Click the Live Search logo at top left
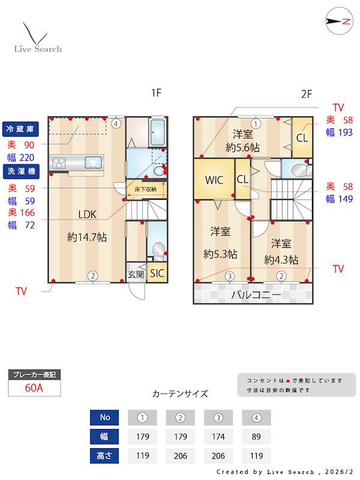(x=37, y=38)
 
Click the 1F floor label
(x=156, y=93)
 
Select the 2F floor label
(x=307, y=94)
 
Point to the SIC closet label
(x=157, y=273)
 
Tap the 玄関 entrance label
(x=136, y=274)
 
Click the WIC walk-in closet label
(x=214, y=180)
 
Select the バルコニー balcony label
(x=256, y=295)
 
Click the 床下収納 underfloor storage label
(x=145, y=190)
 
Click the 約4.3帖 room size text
(x=282, y=260)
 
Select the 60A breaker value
(x=34, y=388)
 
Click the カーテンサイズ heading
(x=180, y=394)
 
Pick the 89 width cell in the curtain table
(x=256, y=436)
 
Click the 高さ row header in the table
(x=104, y=455)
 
